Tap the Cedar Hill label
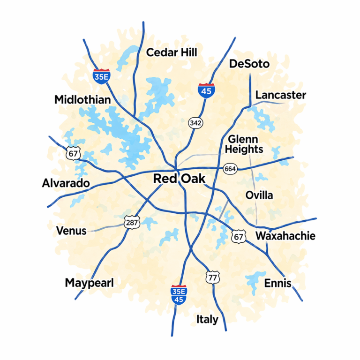point(172,52)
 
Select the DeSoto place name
point(249,64)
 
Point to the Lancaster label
point(280,95)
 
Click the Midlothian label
point(82,100)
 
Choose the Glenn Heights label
point(243,144)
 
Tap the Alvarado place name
point(66,183)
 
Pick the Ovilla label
point(259,195)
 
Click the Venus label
point(71,231)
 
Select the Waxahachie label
point(285,236)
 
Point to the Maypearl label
point(89,283)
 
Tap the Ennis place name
point(277,283)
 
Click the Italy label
point(207,320)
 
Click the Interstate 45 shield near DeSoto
point(206,89)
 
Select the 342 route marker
point(195,123)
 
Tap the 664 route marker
point(230,169)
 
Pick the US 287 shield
point(132,222)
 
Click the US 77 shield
point(213,277)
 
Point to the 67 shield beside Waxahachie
point(239,237)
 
